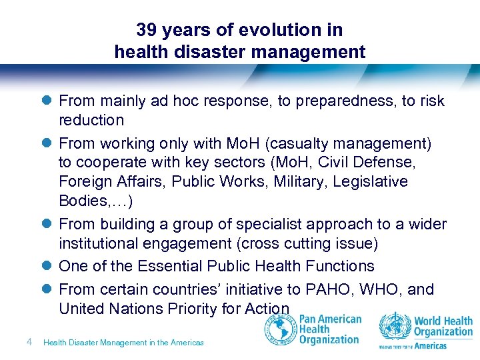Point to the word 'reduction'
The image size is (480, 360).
pyautogui.click(x=91, y=121)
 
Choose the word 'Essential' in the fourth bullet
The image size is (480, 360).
pyautogui.click(x=168, y=267)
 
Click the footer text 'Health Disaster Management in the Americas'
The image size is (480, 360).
pyautogui.click(x=123, y=343)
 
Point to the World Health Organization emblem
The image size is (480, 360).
pyautogui.click(x=395, y=328)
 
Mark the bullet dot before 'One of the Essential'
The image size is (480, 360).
pyautogui.click(x=46, y=267)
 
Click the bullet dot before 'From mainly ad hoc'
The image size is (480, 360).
pyautogui.click(x=46, y=101)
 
